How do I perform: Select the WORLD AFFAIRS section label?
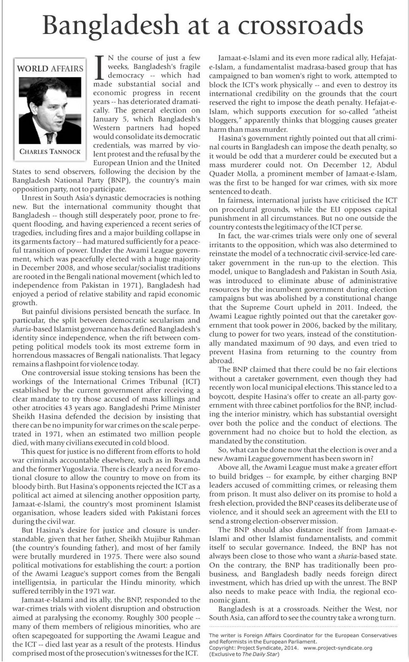[x=50, y=69]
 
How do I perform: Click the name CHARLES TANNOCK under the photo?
[x=50, y=151]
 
